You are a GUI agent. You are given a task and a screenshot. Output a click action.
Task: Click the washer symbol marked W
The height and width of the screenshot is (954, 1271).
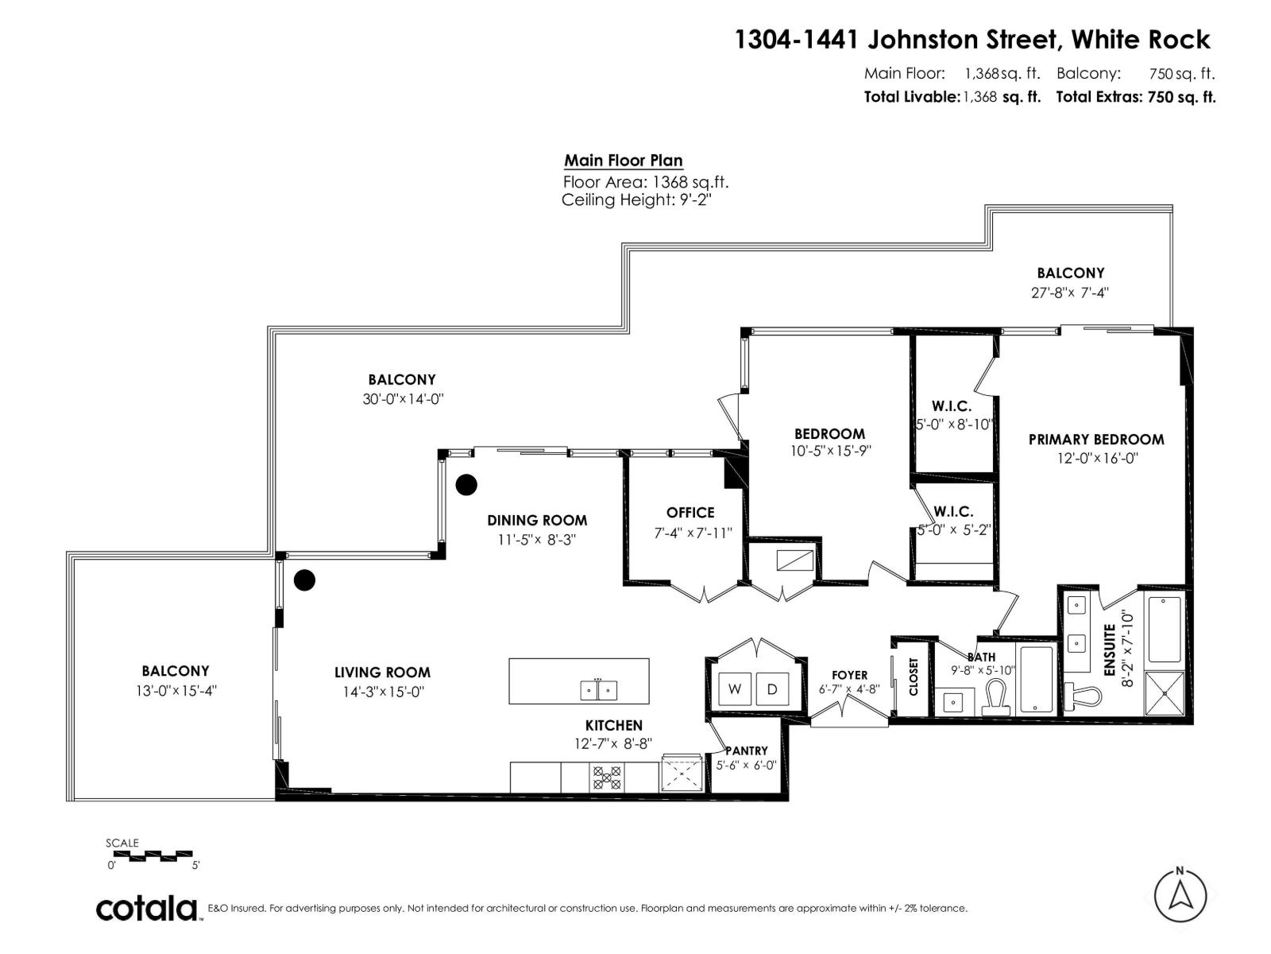coord(735,689)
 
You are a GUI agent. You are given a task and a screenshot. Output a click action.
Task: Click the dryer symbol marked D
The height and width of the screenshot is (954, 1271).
coord(771,689)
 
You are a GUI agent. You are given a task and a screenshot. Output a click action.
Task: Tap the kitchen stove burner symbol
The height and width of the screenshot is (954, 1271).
coord(607,777)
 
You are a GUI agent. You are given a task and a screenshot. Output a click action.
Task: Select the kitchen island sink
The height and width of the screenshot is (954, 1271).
coord(598,690)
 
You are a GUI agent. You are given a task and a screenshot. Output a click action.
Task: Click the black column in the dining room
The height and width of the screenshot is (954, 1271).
coord(466,484)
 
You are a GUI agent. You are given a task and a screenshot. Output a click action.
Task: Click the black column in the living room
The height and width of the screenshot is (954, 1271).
coord(304,580)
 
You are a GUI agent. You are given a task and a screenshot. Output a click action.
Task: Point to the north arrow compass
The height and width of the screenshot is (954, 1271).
coord(1180,896)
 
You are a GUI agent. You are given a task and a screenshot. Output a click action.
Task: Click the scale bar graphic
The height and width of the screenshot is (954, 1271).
coord(149,856)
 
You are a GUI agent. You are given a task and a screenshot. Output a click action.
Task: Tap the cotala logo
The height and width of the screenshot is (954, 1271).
coord(147,908)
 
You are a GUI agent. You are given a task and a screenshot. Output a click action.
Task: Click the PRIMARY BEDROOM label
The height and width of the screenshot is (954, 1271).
coord(1096,440)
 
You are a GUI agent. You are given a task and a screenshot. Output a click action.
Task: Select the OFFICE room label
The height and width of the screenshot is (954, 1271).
coord(690,513)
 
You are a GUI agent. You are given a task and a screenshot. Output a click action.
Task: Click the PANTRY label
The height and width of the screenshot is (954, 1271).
coord(747,750)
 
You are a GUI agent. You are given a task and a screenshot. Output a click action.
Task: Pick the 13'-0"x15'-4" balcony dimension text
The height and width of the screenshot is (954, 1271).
coord(176,691)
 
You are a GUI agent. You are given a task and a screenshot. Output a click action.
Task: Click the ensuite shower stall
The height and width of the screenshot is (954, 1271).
coord(1165,693)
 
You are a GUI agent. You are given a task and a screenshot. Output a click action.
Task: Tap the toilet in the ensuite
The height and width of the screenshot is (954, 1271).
coord(1083,696)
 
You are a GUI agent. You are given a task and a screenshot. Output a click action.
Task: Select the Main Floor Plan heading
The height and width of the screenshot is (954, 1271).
coord(624,161)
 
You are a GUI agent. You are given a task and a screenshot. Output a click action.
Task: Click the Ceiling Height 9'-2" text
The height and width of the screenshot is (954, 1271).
coord(636,200)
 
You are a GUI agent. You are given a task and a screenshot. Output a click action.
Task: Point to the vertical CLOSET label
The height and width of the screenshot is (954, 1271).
coord(913,676)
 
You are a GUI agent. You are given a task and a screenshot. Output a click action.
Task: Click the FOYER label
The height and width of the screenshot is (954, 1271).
coord(849,675)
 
